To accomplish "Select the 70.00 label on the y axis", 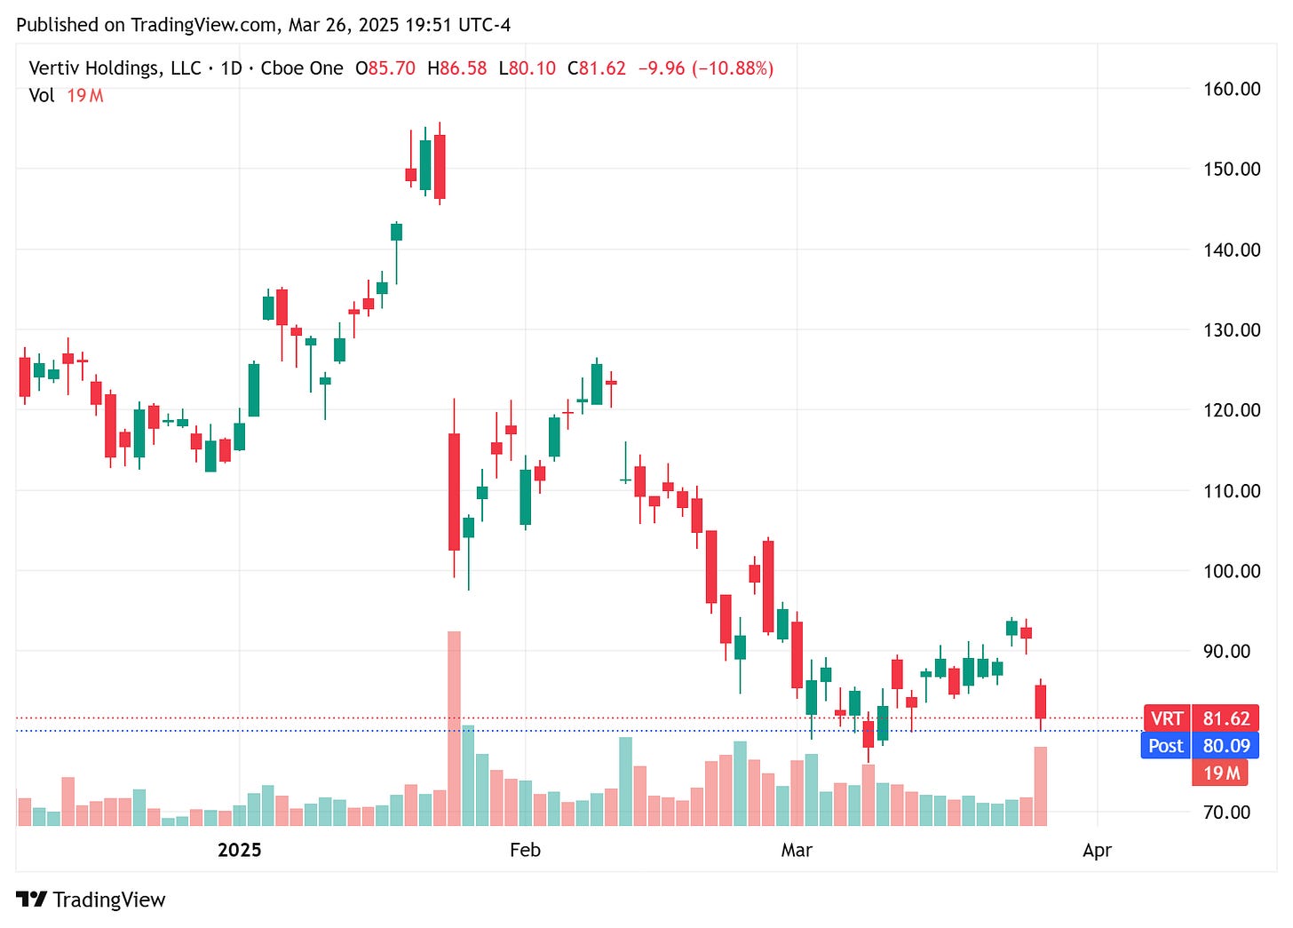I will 1226,812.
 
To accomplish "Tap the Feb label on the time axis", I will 525,850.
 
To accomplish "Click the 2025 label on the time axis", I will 240,850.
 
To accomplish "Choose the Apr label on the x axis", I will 1097,850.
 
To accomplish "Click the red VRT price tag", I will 1166,718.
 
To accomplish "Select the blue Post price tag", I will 1165,746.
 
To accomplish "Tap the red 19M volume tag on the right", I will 1220,773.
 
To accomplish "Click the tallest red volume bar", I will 454,728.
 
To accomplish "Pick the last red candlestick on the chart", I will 1040,702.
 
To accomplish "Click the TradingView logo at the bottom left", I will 91,900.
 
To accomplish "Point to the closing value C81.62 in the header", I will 597,68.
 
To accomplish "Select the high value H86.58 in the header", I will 456,68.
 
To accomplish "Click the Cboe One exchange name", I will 301,68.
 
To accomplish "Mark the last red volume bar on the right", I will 1040,786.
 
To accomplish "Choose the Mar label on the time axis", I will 797,850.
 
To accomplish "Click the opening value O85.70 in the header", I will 385,68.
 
